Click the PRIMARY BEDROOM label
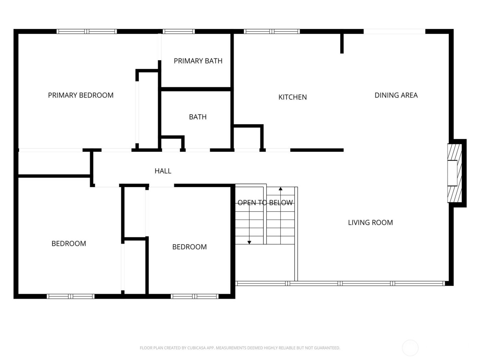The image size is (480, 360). [x=81, y=95]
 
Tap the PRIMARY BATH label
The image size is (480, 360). [x=198, y=61]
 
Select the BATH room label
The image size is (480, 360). [x=198, y=117]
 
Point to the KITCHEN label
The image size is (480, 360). [x=292, y=97]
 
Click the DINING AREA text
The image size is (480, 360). [x=396, y=95]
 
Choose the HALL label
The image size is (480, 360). [x=163, y=171]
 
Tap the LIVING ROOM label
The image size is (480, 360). [x=370, y=223]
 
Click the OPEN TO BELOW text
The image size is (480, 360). [x=265, y=203]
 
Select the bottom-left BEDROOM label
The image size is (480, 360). [x=69, y=244]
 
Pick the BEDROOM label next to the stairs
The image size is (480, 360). [x=189, y=247]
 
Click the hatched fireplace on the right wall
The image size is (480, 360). [x=454, y=173]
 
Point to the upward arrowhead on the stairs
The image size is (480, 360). [x=280, y=189]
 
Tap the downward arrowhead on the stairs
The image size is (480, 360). [x=249, y=242]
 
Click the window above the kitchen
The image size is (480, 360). [x=272, y=32]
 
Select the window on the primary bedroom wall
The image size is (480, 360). [x=86, y=32]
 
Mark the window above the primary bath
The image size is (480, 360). [x=179, y=32]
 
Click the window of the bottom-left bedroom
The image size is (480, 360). [x=71, y=296]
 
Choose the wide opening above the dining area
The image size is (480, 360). [x=394, y=32]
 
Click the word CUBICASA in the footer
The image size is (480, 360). [x=196, y=348]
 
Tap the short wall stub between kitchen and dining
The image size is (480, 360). [x=342, y=43]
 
